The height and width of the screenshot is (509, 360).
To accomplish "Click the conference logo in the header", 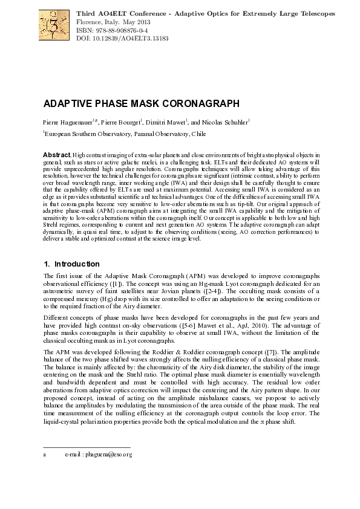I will [x=53, y=25].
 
